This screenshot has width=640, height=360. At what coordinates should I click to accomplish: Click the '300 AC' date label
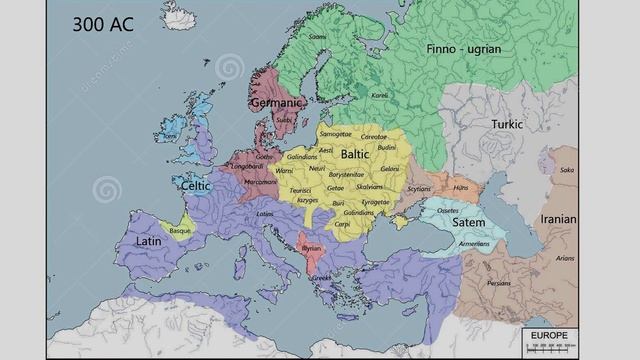[x=103, y=23]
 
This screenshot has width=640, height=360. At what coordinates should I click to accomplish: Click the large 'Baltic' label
[x=354, y=155]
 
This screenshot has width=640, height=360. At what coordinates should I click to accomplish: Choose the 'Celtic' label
[x=196, y=186]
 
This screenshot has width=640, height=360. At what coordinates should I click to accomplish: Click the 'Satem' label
[x=468, y=222]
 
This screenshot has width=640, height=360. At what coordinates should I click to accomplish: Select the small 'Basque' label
[x=180, y=230]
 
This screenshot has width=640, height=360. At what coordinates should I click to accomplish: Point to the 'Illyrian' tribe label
[x=312, y=246]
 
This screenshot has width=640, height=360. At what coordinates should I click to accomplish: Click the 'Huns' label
[x=461, y=187]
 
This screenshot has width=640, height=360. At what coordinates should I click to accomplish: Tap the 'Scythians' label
[x=419, y=188]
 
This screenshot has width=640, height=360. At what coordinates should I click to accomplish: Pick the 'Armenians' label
[x=474, y=243]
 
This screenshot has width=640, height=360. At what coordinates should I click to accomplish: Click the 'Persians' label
[x=498, y=282]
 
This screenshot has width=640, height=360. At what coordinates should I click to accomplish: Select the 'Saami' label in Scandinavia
[x=317, y=37]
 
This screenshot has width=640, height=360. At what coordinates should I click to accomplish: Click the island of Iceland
[x=182, y=17]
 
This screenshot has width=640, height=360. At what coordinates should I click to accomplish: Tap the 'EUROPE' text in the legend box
[x=549, y=334]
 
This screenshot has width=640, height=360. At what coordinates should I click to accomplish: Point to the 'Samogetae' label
[x=336, y=134]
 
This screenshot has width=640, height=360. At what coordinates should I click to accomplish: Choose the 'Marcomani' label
[x=260, y=181]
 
